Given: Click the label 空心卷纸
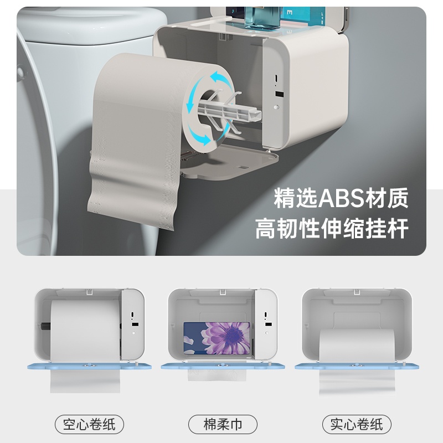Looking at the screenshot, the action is click(x=89, y=424).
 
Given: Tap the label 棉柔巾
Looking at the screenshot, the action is click(x=223, y=424).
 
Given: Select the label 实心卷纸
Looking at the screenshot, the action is click(x=357, y=424).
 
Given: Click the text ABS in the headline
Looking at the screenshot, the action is click(x=341, y=198).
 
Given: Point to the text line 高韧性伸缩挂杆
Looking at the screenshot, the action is click(x=332, y=228).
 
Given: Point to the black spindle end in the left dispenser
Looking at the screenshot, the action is click(x=45, y=326).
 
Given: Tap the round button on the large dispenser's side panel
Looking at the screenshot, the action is click(x=276, y=107).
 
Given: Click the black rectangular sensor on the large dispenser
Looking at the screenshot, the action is click(x=279, y=94).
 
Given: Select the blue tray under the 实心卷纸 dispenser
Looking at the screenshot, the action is click(x=357, y=367).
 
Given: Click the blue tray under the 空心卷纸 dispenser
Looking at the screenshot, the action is click(x=89, y=367).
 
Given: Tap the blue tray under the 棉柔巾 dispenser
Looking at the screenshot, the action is click(x=223, y=367).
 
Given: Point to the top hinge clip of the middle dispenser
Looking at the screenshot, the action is click(x=223, y=292).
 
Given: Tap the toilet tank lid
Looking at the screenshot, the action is click(x=93, y=25).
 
